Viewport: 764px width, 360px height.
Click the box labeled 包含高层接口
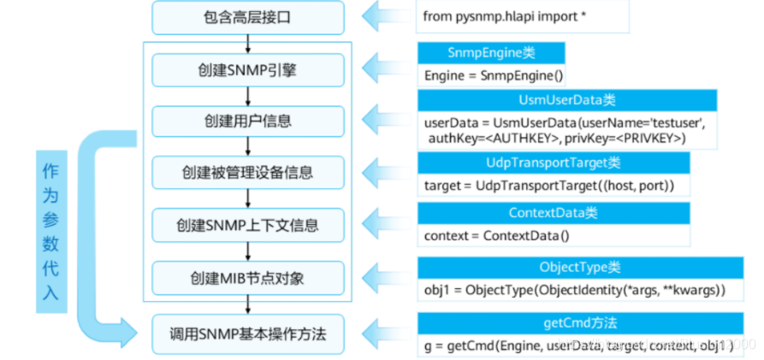pyautogui.click(x=248, y=16)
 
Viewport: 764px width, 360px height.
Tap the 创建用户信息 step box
pyautogui.click(x=248, y=121)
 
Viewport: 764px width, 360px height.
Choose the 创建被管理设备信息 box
pyautogui.click(x=248, y=173)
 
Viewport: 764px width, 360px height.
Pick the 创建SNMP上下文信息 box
pyautogui.click(x=248, y=226)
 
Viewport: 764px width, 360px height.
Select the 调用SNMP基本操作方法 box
pyautogui.click(x=248, y=333)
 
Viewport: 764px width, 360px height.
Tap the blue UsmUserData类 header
pyautogui.click(x=567, y=101)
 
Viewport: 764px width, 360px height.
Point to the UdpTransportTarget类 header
pyautogui.click(x=554, y=162)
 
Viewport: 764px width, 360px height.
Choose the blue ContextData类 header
pyautogui.click(x=554, y=213)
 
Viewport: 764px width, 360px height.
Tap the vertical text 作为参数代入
pyautogui.click(x=51, y=231)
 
